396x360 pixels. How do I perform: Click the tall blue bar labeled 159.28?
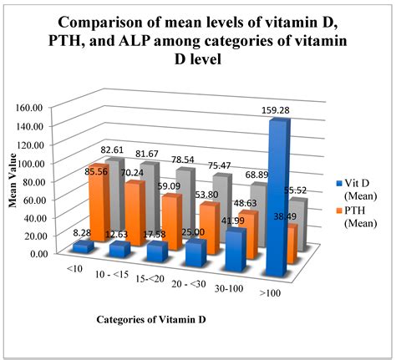tap(277, 200)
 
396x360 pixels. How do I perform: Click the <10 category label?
tap(75, 270)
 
